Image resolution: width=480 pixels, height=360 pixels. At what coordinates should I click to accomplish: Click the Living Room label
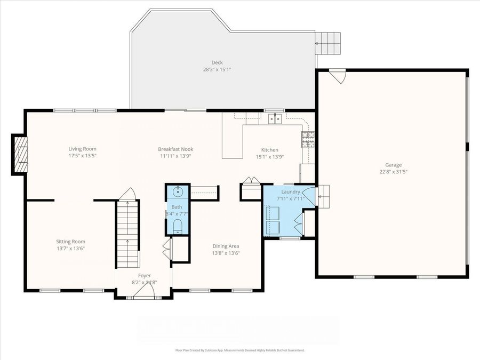click(x=82, y=149)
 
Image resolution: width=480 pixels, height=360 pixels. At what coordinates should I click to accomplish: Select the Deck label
click(x=216, y=62)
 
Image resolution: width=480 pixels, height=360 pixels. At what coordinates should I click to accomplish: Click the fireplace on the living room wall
click(x=21, y=154)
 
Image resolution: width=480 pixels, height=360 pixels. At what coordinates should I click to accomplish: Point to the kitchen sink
click(x=275, y=119)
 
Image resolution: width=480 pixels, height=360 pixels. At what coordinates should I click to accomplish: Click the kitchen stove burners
click(x=308, y=140)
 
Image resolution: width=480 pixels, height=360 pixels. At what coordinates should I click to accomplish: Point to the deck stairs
click(x=327, y=43)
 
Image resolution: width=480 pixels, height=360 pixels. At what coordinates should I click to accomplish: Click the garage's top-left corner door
click(x=338, y=76)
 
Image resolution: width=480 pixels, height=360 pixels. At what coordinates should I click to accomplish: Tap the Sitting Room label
click(x=71, y=242)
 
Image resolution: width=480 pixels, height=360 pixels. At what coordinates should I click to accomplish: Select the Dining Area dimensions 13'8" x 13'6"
click(x=226, y=253)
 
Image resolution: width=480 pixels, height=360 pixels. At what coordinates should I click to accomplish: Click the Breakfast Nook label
click(x=175, y=149)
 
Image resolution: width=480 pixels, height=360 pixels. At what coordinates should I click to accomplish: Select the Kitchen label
click(x=269, y=150)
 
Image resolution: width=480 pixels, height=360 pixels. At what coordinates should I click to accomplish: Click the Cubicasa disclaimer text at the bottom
click(x=239, y=350)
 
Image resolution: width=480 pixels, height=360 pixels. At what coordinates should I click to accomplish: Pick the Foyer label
click(x=144, y=275)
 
